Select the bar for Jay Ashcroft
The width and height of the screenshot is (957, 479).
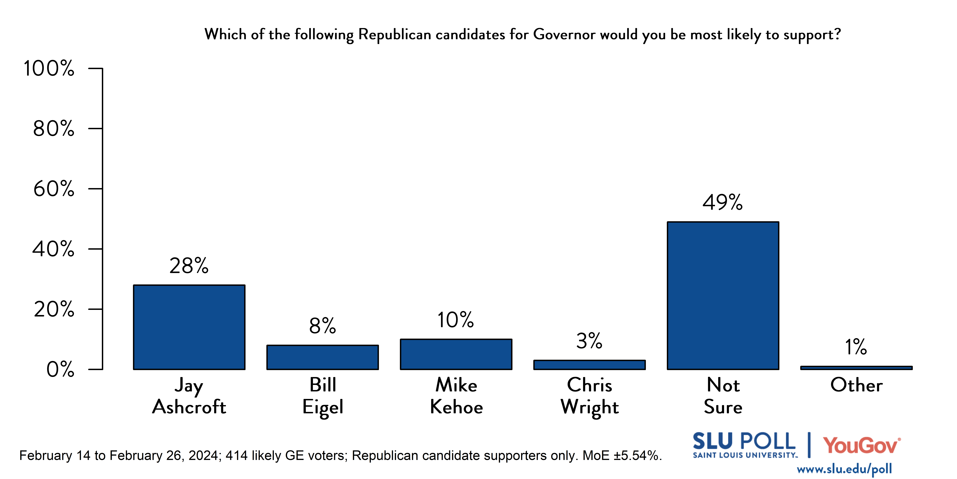pyautogui.click(x=189, y=327)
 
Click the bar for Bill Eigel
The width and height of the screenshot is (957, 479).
pyautogui.click(x=322, y=357)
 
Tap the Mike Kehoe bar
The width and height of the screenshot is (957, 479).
pyautogui.click(x=456, y=354)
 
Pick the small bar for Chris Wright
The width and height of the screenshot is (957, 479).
pyautogui.click(x=589, y=365)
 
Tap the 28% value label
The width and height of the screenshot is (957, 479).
pyautogui.click(x=189, y=266)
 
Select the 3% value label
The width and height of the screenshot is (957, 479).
pyautogui.click(x=589, y=341)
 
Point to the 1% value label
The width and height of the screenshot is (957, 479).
pyautogui.click(x=856, y=347)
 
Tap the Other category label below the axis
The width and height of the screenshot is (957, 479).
pyautogui.click(x=856, y=385)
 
